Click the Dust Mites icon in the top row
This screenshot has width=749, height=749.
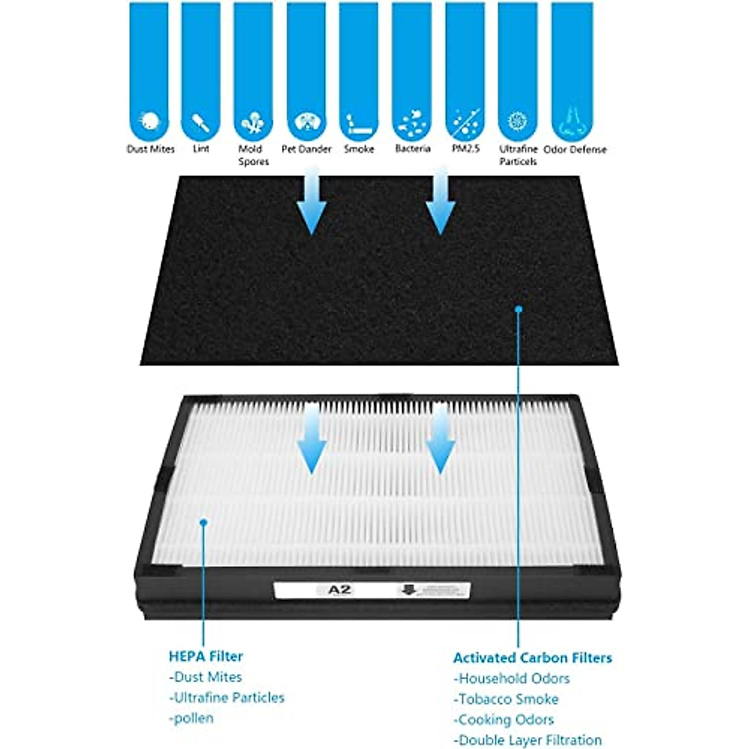[x=149, y=120]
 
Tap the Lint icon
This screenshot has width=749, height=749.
[x=201, y=121]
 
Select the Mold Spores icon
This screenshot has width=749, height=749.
[x=253, y=122]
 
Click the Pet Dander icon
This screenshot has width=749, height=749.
[x=306, y=121]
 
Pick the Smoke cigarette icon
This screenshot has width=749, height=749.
[x=359, y=122]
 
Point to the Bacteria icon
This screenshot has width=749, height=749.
[x=412, y=122]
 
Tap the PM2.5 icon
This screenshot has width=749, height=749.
[x=465, y=121]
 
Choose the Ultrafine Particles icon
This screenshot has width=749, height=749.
[x=517, y=121]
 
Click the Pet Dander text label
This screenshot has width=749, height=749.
[x=306, y=149]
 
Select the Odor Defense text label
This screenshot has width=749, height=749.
[x=575, y=149]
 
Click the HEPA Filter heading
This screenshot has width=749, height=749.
[x=206, y=656]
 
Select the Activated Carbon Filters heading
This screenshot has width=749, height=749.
[x=532, y=657]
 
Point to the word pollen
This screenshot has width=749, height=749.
[x=192, y=718]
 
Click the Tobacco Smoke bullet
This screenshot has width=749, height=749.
[x=506, y=699]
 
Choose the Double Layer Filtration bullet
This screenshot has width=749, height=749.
[x=528, y=740]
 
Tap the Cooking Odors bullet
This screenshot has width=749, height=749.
[x=504, y=720]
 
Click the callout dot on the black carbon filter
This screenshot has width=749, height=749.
[x=518, y=308]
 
